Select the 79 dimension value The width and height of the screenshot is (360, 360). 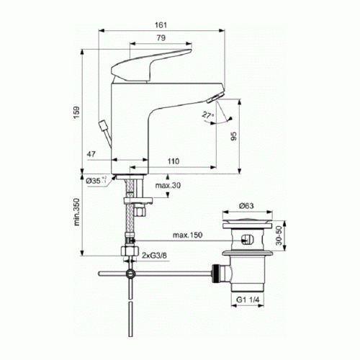click(162, 37)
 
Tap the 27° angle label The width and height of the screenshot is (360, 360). click(207, 114)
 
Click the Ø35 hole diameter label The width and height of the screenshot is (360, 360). click(96, 181)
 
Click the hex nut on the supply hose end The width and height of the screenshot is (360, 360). click(130, 252)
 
